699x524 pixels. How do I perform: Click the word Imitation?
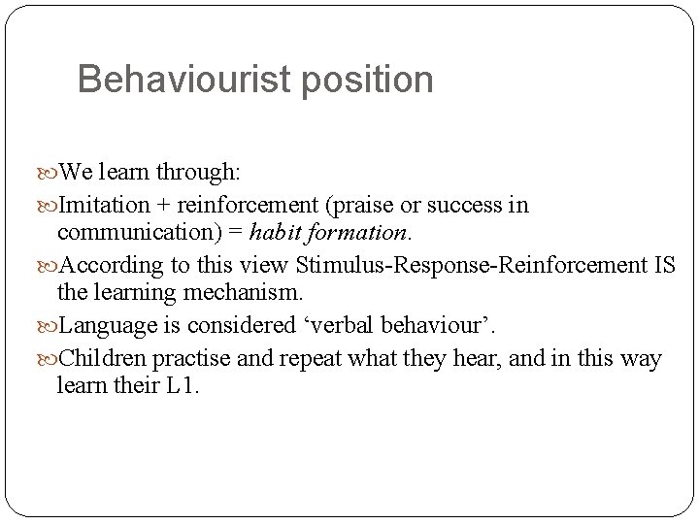click(105, 206)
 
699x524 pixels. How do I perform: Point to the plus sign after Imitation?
click(162, 206)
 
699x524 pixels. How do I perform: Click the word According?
click(109, 266)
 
